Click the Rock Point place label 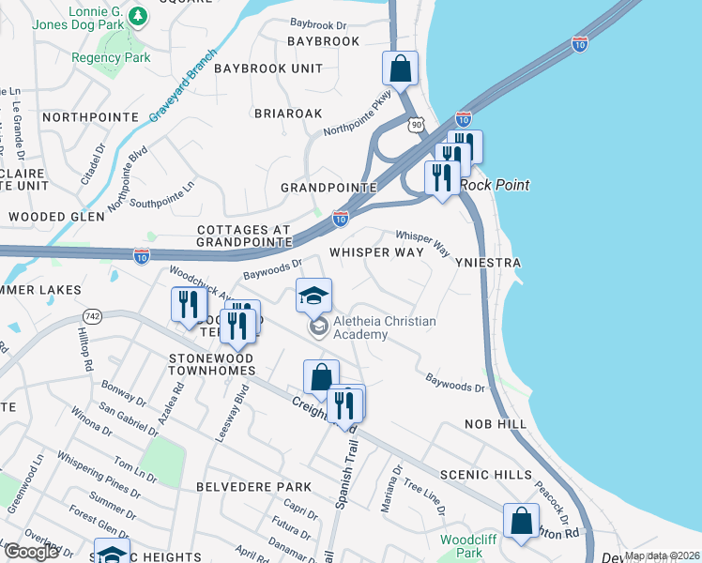[496, 185]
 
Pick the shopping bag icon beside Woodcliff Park [521, 523]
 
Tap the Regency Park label [111, 58]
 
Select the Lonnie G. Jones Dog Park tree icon [138, 16]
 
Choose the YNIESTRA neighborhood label [487, 264]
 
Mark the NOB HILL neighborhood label [496, 425]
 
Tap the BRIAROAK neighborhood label [288, 113]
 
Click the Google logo [31, 552]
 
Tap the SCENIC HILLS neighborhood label [486, 476]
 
